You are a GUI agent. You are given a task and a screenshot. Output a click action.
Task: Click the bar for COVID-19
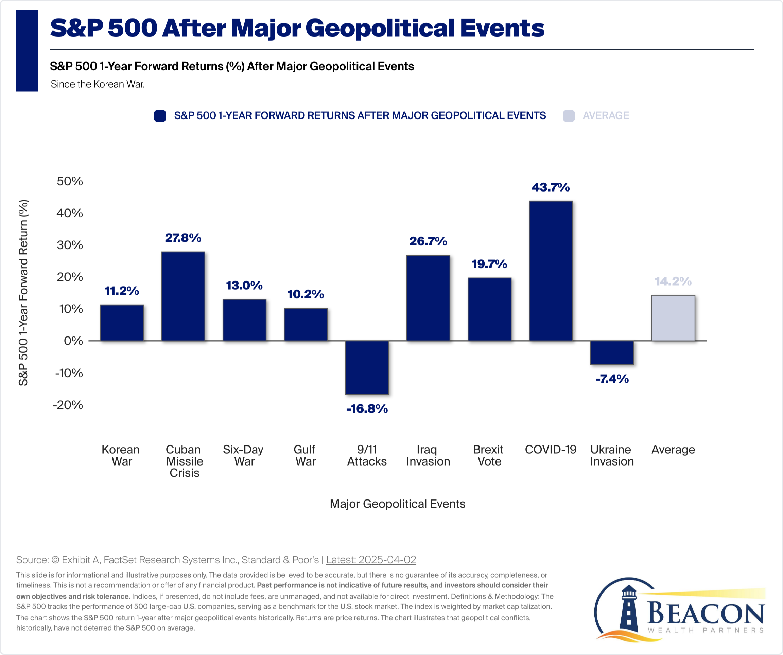[x=551, y=271]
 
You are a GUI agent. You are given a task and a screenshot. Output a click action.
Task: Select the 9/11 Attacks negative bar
[x=367, y=367]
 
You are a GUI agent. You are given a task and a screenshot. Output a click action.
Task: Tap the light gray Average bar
[x=673, y=318]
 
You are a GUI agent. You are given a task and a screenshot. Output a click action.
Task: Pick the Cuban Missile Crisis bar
[x=183, y=296]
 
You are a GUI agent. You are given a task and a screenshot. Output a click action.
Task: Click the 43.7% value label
[x=551, y=187]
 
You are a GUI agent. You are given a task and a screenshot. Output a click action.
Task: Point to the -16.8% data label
[x=367, y=409]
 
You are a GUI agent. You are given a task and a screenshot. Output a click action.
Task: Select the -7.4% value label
[x=612, y=379]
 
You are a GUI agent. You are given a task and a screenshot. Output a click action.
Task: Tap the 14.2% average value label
[x=673, y=281]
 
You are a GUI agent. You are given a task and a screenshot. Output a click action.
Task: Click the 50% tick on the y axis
[x=70, y=181]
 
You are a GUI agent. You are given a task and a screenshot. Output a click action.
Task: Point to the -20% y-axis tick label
[x=68, y=405]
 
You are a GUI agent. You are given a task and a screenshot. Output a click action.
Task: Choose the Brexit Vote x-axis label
[x=489, y=455]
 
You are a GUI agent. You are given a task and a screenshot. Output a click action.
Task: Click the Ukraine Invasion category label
[x=612, y=455]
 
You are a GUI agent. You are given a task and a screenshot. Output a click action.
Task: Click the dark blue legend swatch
[x=160, y=116]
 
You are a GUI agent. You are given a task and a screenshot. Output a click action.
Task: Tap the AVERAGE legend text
[x=606, y=116]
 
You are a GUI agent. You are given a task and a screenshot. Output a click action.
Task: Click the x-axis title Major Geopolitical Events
[x=398, y=504]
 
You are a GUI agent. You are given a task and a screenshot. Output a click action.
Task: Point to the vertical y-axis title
[x=23, y=292]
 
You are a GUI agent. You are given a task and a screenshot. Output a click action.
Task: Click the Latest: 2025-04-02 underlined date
[x=371, y=560]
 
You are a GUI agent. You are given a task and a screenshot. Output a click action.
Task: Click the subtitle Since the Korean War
[x=98, y=84]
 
